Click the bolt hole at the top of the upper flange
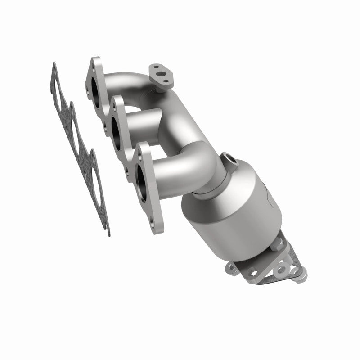tap(95, 64)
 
